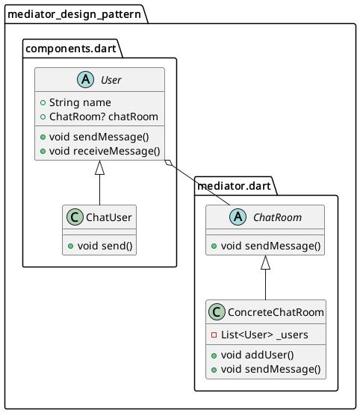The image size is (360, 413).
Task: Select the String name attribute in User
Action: (x=80, y=102)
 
